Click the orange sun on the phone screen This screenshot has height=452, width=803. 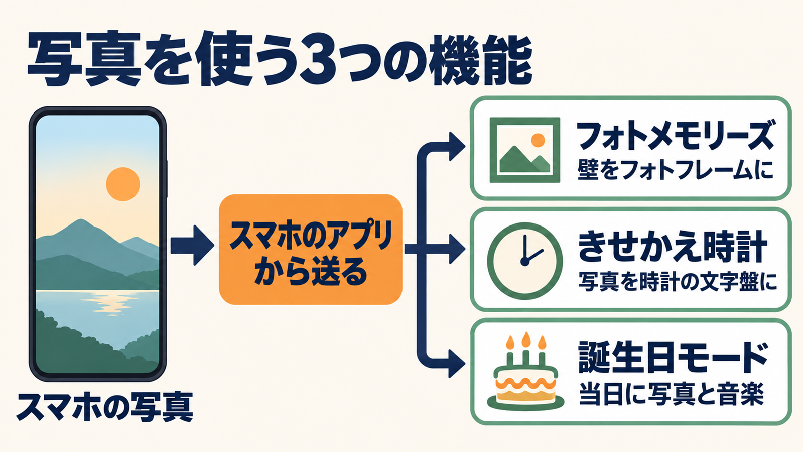[x=123, y=184]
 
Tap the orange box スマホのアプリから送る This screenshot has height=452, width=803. [x=311, y=249]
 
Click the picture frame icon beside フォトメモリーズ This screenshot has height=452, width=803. [x=525, y=150]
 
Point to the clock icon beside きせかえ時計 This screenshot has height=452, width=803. [x=525, y=261]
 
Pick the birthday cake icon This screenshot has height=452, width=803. [x=525, y=371]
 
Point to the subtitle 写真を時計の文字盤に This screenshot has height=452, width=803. [x=678, y=282]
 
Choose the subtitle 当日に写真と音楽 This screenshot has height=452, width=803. [x=671, y=394]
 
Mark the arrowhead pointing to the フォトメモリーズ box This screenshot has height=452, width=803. [x=457, y=146]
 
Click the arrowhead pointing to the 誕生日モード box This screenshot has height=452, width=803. [x=457, y=364]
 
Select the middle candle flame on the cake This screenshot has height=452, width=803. [x=526, y=340]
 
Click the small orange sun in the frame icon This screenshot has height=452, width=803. [x=538, y=140]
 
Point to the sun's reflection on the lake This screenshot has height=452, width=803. [x=107, y=302]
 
